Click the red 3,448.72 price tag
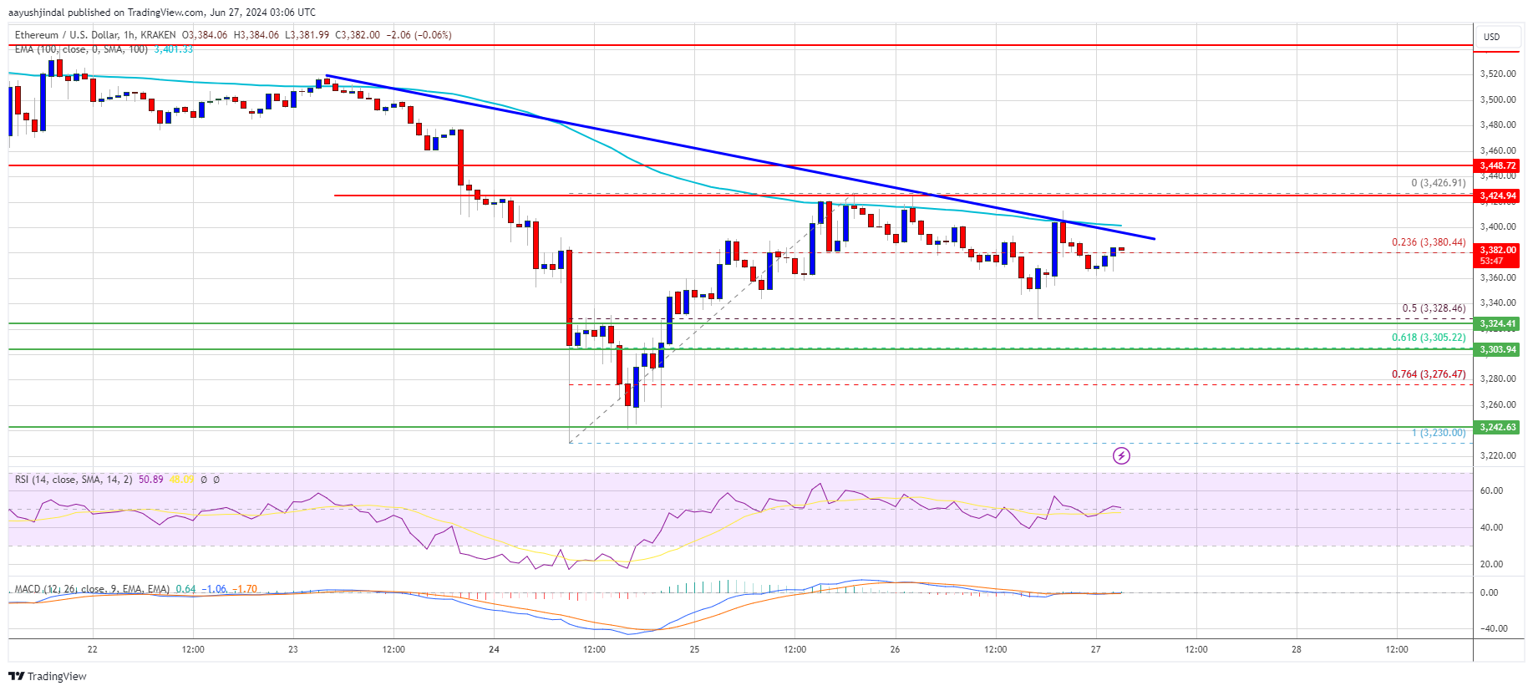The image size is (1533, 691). point(1497,165)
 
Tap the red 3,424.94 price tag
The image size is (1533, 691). point(1497,196)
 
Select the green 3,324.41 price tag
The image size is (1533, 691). point(1497,323)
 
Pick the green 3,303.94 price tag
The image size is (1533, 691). point(1497,349)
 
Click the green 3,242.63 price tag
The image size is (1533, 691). point(1497,427)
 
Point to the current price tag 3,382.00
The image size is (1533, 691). point(1497,251)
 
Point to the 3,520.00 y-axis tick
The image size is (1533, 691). point(1497,74)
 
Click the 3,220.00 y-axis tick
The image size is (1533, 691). point(1497,455)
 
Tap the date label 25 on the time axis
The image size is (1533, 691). point(694,649)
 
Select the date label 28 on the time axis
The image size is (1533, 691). point(1297,649)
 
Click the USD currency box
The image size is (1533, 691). point(1491,37)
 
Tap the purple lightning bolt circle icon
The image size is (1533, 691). point(1121,455)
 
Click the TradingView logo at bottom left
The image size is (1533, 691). point(48,676)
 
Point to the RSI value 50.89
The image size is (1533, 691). point(151,480)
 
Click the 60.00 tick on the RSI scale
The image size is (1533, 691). point(1491,490)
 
